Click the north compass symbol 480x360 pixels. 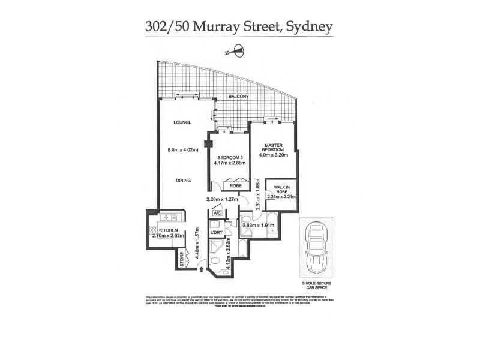[x=237, y=52]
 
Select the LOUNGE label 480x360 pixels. [x=182, y=122]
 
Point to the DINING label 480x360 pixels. [x=184, y=180]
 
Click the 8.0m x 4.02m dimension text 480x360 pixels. [x=184, y=151]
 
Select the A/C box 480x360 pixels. [x=217, y=213]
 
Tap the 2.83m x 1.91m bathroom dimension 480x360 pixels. [x=259, y=226]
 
